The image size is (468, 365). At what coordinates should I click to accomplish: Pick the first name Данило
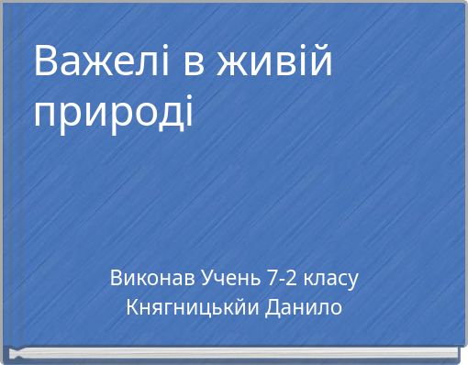click(x=304, y=307)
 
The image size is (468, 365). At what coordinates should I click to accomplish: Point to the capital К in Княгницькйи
click(x=130, y=307)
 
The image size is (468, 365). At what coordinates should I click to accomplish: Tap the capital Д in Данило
click(x=273, y=307)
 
